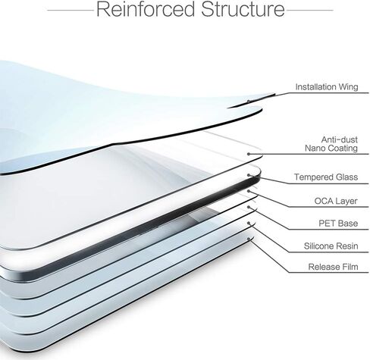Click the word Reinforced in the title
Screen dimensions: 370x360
tap(146, 9)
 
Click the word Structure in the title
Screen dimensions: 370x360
tap(243, 9)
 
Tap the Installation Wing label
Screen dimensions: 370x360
tap(327, 87)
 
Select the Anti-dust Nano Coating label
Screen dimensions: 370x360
tap(331, 144)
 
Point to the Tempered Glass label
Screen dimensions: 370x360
tap(326, 177)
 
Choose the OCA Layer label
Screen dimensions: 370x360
tap(336, 201)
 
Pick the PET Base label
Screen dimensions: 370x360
tap(338, 224)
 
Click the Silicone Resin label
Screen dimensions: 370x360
tap(331, 246)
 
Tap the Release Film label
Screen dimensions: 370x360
tap(333, 267)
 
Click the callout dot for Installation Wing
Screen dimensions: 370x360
tap(249, 102)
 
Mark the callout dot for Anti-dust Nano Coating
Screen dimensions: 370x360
tap(249, 154)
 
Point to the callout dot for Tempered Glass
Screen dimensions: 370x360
tap(249, 175)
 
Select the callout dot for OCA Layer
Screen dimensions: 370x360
tap(249, 191)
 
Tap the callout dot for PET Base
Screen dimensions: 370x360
tap(249, 207)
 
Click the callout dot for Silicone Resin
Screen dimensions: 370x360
tap(249, 223)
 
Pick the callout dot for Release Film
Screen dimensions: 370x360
tap(249, 239)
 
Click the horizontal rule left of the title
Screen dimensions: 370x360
tap(71, 11)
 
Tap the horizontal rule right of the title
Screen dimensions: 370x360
tap(310, 11)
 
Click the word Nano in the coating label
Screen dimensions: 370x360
tap(315, 148)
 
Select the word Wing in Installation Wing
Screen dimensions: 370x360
tap(349, 87)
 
